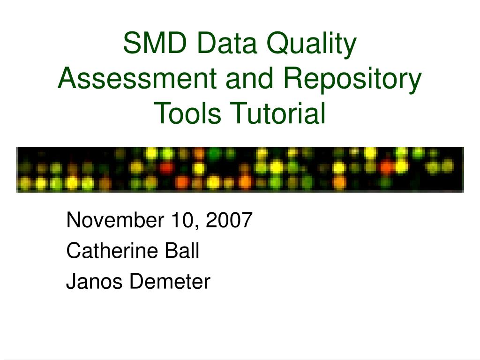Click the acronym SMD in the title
(x=155, y=43)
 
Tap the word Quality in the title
(x=312, y=45)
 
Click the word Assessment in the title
(x=137, y=78)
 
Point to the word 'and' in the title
(x=249, y=78)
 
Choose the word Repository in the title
(x=352, y=80)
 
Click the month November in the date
(x=115, y=220)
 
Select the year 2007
(x=229, y=220)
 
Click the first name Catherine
(x=112, y=250)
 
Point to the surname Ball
(x=182, y=250)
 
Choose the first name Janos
(x=94, y=281)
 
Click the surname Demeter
(x=170, y=281)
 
